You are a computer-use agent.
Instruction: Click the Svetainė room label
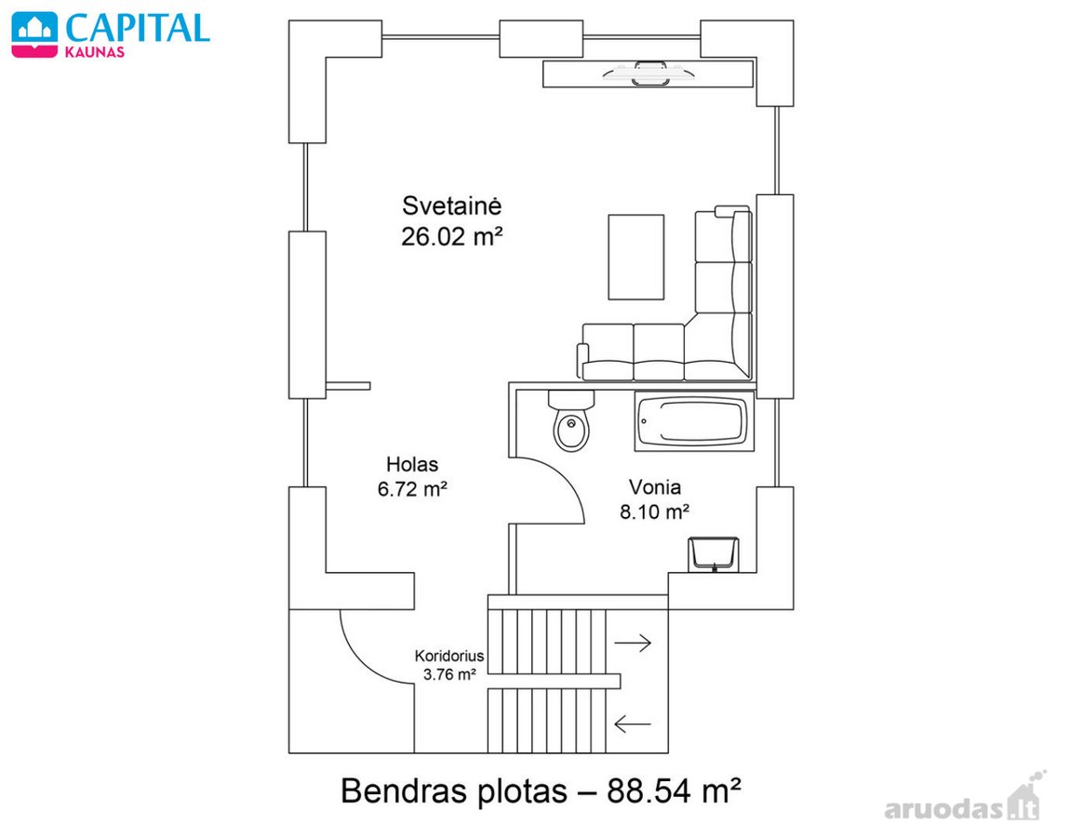(x=451, y=206)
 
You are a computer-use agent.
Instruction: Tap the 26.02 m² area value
(x=451, y=237)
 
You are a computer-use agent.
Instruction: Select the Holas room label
(x=412, y=464)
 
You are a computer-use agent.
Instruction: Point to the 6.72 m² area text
(x=412, y=489)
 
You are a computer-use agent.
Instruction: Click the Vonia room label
(x=655, y=487)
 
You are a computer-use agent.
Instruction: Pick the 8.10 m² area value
(x=655, y=511)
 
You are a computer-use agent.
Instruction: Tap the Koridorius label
(x=449, y=656)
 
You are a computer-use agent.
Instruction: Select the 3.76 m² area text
(x=449, y=674)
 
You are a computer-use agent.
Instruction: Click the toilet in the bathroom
(x=571, y=420)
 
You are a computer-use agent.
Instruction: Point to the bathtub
(x=694, y=421)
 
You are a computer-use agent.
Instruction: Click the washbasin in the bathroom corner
(x=714, y=554)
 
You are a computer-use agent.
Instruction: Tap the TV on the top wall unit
(x=648, y=73)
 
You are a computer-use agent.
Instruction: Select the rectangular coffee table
(x=636, y=257)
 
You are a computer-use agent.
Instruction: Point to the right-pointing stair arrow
(x=633, y=643)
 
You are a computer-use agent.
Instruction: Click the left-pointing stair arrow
(x=633, y=724)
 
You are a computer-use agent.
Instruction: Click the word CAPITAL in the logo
(x=138, y=29)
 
